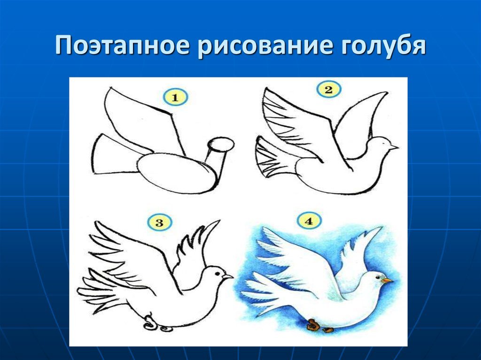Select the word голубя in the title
[379, 46]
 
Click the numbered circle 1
[175, 98]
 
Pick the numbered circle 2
[328, 90]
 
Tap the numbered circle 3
[159, 222]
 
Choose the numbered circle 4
[309, 221]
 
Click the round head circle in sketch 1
[221, 144]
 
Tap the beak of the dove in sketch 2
[393, 147]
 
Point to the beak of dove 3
[228, 276]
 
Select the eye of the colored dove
[377, 277]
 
